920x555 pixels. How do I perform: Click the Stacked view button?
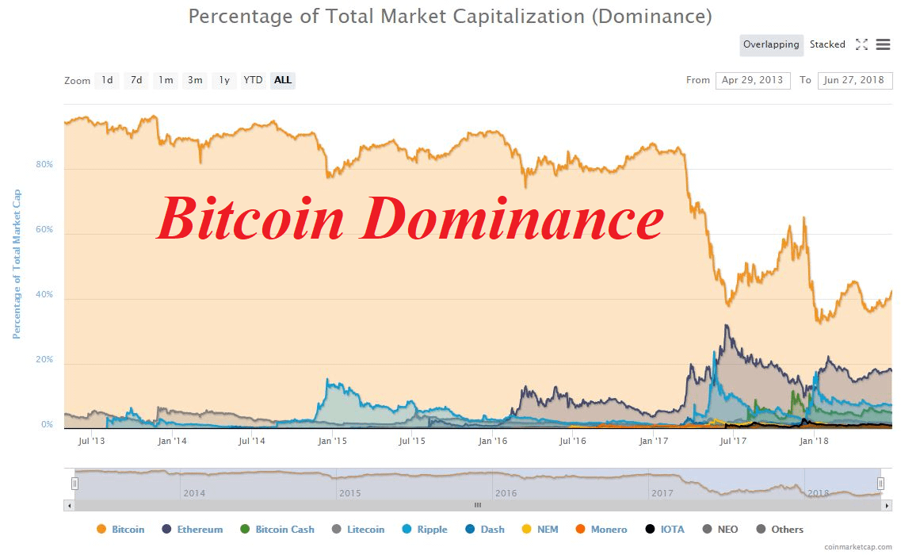(827, 44)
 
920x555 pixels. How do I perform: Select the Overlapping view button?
(771, 45)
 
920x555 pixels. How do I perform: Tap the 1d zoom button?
(107, 80)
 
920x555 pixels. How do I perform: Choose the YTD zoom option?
(253, 80)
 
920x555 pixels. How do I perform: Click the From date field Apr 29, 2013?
(753, 80)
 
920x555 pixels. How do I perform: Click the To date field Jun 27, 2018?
(854, 80)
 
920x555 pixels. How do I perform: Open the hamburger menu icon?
(883, 44)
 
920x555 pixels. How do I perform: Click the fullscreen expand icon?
(861, 44)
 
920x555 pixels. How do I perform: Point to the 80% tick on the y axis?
(44, 164)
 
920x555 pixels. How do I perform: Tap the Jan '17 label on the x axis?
(653, 441)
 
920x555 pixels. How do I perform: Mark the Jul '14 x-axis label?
(252, 441)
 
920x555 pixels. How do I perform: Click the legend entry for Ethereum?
(193, 530)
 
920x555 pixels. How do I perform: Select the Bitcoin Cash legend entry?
(277, 530)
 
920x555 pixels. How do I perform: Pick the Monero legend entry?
(601, 530)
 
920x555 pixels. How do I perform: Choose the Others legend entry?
(780, 530)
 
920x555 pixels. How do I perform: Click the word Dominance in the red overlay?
(512, 219)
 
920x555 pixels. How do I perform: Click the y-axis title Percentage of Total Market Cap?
(17, 264)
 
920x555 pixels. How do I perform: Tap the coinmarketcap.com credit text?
(858, 547)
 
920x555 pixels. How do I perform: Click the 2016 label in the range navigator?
(506, 493)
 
